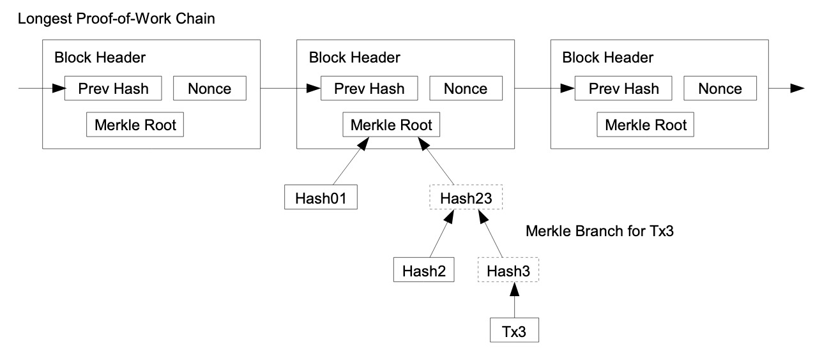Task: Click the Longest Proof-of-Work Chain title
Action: point(116,19)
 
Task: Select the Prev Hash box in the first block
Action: point(113,88)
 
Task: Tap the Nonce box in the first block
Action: point(210,88)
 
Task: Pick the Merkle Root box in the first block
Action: point(135,124)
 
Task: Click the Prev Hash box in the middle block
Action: point(369,88)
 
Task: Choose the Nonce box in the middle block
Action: point(466,88)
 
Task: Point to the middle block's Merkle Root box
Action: point(391,124)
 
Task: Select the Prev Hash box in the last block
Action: point(623,88)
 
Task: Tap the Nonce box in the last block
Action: point(720,88)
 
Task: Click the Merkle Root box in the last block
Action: point(646,124)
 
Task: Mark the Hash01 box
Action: point(321,197)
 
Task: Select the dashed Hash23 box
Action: point(466,197)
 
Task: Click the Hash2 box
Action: point(423,270)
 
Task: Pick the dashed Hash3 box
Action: point(508,270)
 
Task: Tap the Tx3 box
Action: point(514,330)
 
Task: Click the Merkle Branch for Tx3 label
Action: point(600,231)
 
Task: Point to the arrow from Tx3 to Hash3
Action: point(514,300)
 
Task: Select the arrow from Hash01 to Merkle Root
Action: point(351,161)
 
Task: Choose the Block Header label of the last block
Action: point(607,57)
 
